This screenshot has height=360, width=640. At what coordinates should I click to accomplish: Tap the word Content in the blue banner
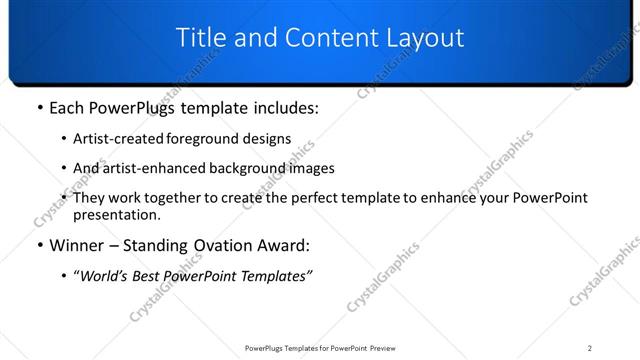(321, 38)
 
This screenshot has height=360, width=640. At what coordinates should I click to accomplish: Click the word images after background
(310, 168)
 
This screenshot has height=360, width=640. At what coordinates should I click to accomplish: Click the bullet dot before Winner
(39, 246)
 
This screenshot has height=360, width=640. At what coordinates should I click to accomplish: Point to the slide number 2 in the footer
(589, 348)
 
